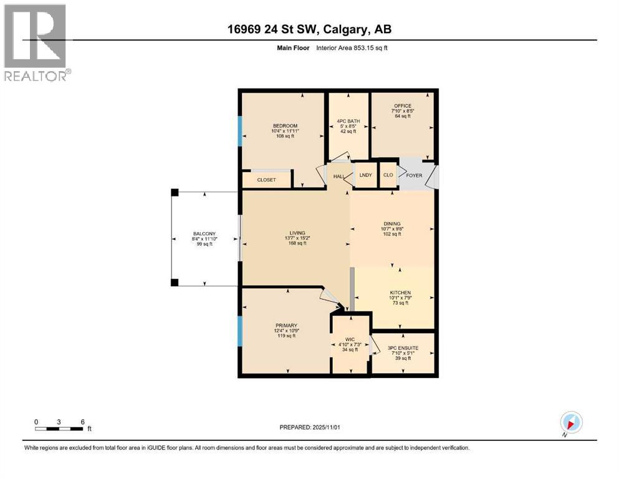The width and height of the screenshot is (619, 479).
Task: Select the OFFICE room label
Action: pyautogui.click(x=402, y=105)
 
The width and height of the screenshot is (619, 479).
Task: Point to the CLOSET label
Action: pyautogui.click(x=267, y=180)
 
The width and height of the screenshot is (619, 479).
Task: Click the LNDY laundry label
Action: pyautogui.click(x=365, y=175)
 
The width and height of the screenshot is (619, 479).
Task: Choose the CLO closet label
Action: pyautogui.click(x=388, y=175)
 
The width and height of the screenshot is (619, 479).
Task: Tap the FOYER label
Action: pyautogui.click(x=414, y=175)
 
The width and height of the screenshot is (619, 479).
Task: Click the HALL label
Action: pyautogui.click(x=339, y=177)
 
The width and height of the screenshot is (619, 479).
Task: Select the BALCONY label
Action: pyautogui.click(x=204, y=233)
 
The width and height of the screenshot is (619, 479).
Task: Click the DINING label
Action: pyautogui.click(x=392, y=224)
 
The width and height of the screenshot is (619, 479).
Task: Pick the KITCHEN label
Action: pyautogui.click(x=400, y=293)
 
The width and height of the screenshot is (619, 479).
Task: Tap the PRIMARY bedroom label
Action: pyautogui.click(x=286, y=325)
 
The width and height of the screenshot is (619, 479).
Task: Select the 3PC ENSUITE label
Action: pyautogui.click(x=402, y=347)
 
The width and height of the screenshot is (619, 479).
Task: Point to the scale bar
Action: pyautogui.click(x=59, y=428)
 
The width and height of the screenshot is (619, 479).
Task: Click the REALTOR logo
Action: pyautogui.click(x=37, y=42)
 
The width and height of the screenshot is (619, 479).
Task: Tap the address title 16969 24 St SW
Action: pyautogui.click(x=309, y=29)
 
